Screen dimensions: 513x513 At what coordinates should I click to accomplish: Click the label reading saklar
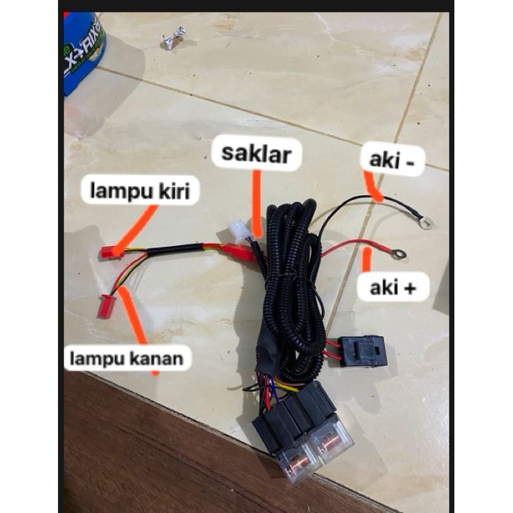click(x=255, y=153)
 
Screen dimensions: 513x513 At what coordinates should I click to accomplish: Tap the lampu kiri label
click(x=139, y=190)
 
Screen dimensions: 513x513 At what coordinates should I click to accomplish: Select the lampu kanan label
click(x=126, y=358)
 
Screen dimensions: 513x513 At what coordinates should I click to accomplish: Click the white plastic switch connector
click(x=241, y=230)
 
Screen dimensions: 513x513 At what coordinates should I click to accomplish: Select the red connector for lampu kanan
click(x=106, y=306)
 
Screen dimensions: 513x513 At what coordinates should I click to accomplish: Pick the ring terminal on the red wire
click(x=399, y=253)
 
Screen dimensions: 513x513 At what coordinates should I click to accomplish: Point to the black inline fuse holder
click(x=363, y=350)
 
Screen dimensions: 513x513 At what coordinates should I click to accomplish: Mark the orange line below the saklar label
click(x=256, y=201)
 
